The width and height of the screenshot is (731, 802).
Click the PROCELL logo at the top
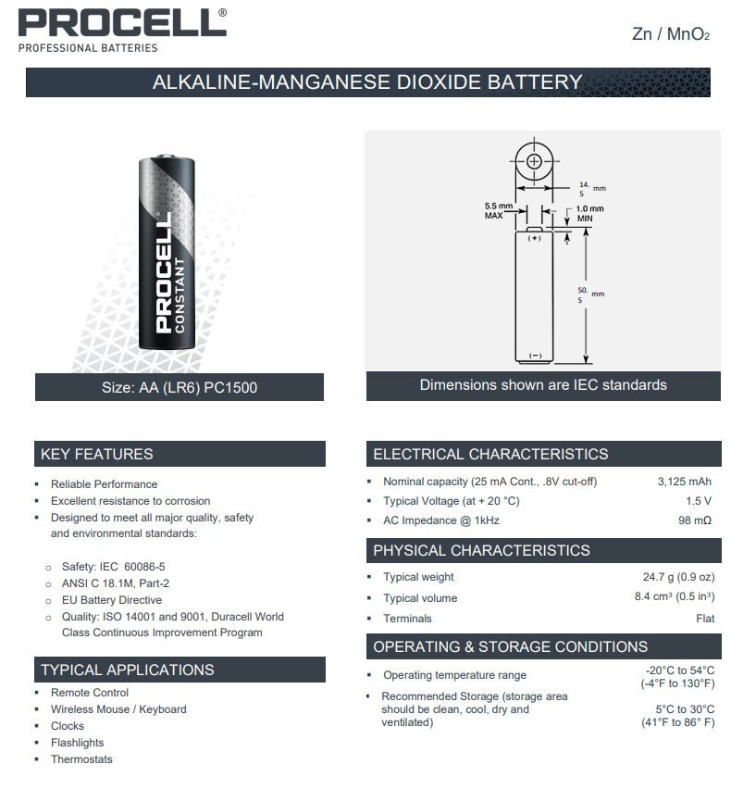point(122,23)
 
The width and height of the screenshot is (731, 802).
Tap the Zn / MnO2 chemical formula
point(670,34)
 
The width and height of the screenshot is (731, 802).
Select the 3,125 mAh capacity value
point(684,482)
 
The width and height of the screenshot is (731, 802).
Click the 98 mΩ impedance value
point(694,520)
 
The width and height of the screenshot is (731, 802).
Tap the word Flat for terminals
point(704,618)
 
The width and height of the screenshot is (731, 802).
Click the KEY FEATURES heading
point(97,454)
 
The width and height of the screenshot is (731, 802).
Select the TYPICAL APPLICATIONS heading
point(128,670)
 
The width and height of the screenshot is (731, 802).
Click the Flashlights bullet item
point(77,743)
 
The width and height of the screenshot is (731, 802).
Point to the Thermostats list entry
point(81,759)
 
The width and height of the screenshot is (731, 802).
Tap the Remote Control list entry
point(90,693)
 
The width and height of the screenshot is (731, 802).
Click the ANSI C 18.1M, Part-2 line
point(116,583)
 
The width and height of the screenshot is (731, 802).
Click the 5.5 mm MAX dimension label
point(498,210)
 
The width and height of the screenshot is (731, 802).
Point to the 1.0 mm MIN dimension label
point(589,213)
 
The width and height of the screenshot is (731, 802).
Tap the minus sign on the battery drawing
point(535,356)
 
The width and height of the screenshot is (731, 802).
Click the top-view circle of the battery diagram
point(535,161)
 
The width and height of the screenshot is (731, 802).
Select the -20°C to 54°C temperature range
point(679,670)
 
